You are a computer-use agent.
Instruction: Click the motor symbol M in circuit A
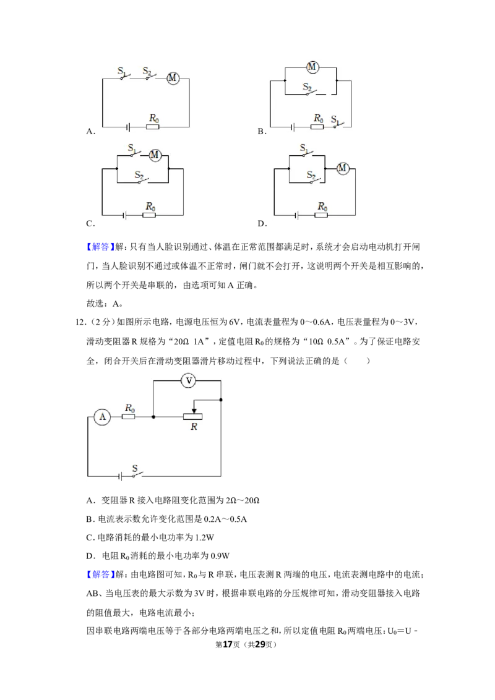click(x=173, y=79)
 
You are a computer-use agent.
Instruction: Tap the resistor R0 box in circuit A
click(x=153, y=127)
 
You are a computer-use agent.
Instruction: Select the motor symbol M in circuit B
click(x=312, y=67)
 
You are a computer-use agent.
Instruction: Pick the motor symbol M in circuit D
click(x=343, y=168)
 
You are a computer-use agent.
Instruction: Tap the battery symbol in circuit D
click(x=296, y=216)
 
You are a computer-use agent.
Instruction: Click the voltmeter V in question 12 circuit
click(x=189, y=381)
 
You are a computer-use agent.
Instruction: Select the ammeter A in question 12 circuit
click(x=103, y=417)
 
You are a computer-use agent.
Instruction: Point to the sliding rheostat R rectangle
click(x=193, y=417)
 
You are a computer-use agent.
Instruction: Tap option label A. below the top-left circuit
click(x=91, y=131)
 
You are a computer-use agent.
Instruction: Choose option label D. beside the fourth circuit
click(x=262, y=224)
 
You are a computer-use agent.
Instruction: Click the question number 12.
click(x=80, y=322)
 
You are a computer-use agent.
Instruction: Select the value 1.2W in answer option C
click(x=204, y=537)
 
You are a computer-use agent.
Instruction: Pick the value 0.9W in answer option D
click(x=220, y=557)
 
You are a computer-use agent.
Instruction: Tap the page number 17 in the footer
click(x=228, y=644)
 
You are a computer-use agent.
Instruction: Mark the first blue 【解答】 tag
click(x=100, y=247)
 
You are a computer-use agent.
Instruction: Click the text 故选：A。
click(x=105, y=304)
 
